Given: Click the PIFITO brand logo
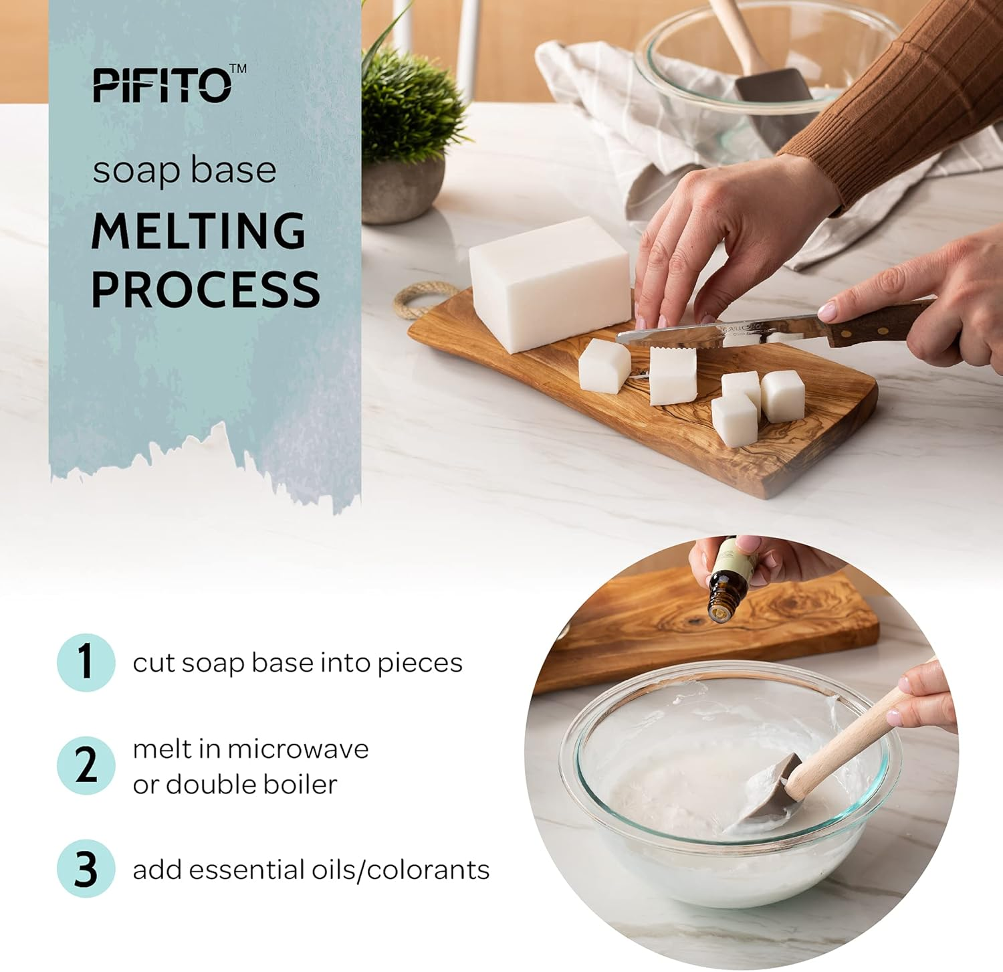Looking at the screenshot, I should pos(162,86).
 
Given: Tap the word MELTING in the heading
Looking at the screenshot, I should pos(199,231).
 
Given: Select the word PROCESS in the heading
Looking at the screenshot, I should pos(205,289).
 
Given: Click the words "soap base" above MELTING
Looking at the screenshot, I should pos(185,170).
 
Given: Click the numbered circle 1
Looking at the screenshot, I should pos(86,662).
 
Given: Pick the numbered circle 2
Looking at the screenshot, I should pos(86,765).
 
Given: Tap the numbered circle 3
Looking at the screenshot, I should pos(86,868).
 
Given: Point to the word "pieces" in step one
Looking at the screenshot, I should pos(419,663).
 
